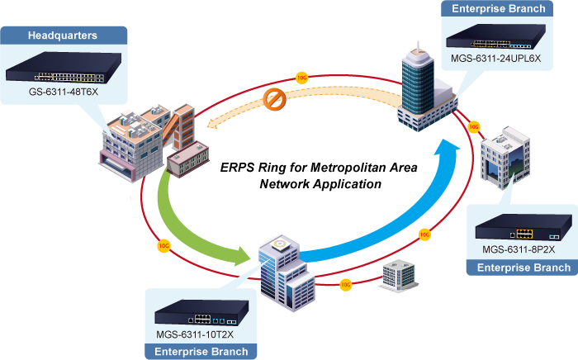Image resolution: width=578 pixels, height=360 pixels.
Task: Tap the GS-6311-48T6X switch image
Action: point(64,69)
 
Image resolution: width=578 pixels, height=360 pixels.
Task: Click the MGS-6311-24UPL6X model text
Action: point(495,59)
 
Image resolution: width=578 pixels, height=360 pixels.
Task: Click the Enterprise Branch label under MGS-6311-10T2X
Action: point(201,352)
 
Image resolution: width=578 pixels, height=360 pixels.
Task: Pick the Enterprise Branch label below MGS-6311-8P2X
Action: point(524,268)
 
